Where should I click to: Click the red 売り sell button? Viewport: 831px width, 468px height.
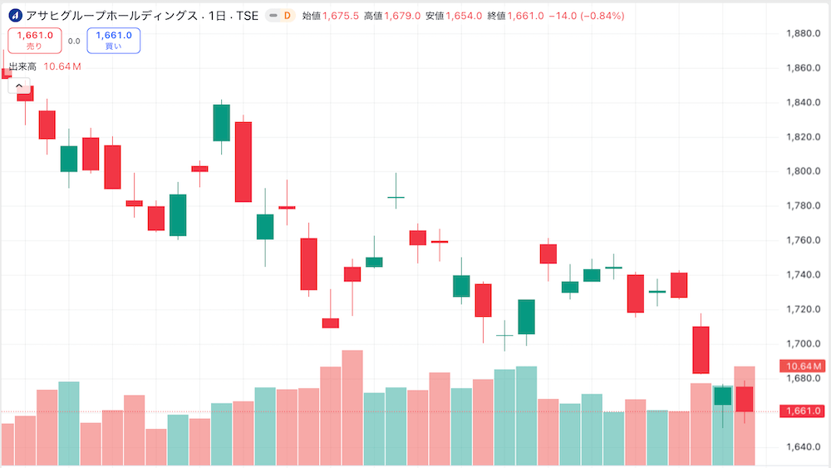pyautogui.click(x=34, y=41)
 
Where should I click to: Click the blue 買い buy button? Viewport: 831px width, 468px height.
pyautogui.click(x=113, y=41)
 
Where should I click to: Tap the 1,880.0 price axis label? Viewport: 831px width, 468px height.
pyautogui.click(x=803, y=33)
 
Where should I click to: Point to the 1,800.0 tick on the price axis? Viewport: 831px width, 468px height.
pyautogui.click(x=803, y=171)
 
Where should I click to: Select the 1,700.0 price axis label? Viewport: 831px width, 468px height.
pyautogui.click(x=803, y=343)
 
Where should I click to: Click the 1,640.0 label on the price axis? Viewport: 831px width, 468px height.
pyautogui.click(x=803, y=447)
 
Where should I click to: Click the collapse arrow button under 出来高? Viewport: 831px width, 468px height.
pyautogui.click(x=17, y=85)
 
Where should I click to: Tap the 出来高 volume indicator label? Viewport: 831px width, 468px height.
pyautogui.click(x=22, y=67)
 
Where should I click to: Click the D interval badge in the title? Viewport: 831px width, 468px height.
pyautogui.click(x=287, y=16)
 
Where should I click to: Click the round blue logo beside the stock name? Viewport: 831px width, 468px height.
pyautogui.click(x=15, y=16)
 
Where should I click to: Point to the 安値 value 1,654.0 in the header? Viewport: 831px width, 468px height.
pyautogui.click(x=463, y=16)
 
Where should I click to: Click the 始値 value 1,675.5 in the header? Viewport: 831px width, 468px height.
pyautogui.click(x=341, y=16)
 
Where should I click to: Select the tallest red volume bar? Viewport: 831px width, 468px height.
pyautogui.click(x=352, y=407)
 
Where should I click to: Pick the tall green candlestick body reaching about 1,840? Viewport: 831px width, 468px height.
pyautogui.click(x=221, y=122)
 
